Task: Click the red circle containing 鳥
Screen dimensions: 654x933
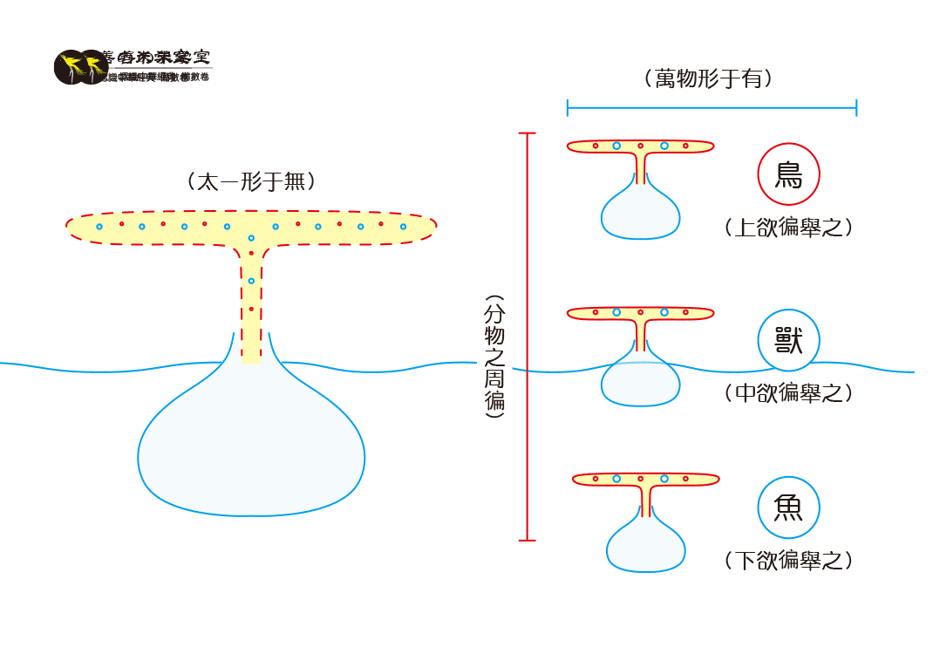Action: [x=788, y=174]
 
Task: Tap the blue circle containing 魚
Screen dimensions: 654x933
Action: [x=788, y=507]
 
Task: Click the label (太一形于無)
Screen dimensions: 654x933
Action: [x=251, y=181]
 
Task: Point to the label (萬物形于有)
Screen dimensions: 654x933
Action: [x=710, y=78]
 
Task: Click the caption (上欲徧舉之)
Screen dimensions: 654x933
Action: [x=788, y=228]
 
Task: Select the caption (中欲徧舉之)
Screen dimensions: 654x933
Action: [x=788, y=393]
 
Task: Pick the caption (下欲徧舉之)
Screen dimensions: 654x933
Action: [x=788, y=560]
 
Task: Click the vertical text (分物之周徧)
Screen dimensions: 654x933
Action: [x=494, y=358]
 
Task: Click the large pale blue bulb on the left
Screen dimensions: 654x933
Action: [x=251, y=445]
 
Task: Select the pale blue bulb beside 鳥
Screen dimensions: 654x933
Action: [x=640, y=214]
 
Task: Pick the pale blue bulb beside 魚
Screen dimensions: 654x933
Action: [x=645, y=548]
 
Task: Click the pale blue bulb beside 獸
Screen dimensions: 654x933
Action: [x=640, y=382]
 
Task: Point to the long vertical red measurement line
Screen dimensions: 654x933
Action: [x=527, y=337]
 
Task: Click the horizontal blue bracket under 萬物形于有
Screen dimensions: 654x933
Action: [x=712, y=108]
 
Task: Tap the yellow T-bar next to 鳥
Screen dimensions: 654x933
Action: [x=640, y=146]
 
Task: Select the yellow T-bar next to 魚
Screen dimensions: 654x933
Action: [x=645, y=479]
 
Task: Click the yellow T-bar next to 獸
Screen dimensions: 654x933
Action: [x=640, y=312]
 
